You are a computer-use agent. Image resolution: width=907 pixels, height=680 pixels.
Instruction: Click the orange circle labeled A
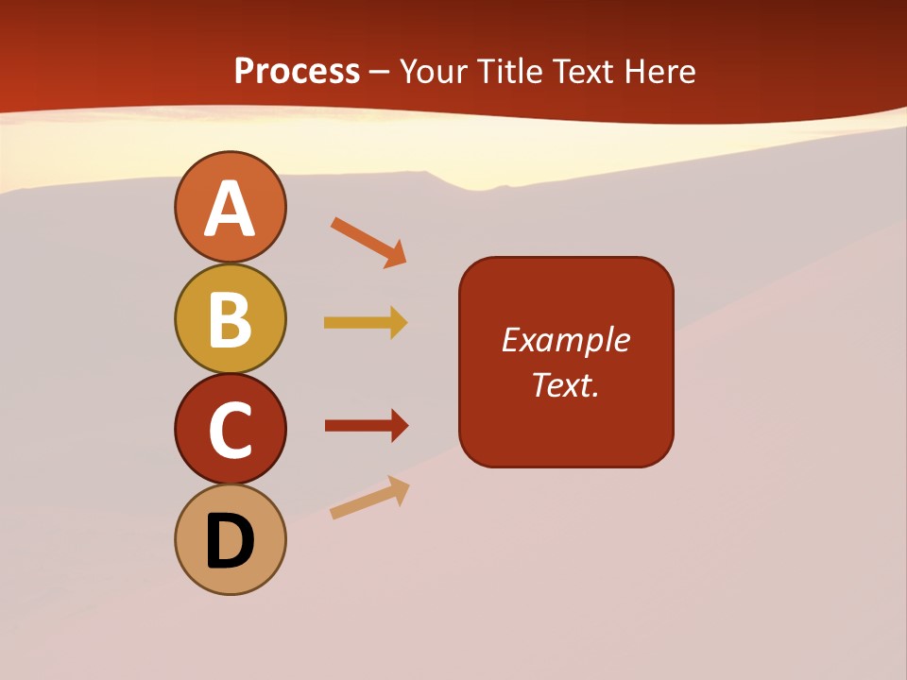(230, 207)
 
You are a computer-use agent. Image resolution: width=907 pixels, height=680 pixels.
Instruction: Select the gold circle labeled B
(230, 318)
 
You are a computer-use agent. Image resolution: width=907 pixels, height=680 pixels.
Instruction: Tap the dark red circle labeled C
(230, 429)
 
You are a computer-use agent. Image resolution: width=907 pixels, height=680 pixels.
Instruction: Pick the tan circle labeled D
(230, 539)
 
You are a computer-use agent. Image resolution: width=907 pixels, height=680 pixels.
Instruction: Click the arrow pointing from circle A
(368, 243)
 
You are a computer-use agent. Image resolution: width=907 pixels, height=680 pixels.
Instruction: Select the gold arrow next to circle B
(366, 323)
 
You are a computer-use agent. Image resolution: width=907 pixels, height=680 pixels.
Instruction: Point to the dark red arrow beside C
(367, 425)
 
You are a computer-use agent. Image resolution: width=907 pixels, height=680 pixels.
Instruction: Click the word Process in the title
(297, 72)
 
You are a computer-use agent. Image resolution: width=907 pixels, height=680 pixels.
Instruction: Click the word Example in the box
(565, 340)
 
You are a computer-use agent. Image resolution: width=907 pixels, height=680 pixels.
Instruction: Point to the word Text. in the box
(565, 385)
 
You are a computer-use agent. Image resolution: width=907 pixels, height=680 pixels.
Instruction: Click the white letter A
(230, 209)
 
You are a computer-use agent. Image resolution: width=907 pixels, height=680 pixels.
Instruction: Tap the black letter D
(230, 541)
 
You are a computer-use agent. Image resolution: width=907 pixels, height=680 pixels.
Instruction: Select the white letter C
(230, 431)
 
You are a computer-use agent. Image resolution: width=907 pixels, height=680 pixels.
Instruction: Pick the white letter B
(230, 319)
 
